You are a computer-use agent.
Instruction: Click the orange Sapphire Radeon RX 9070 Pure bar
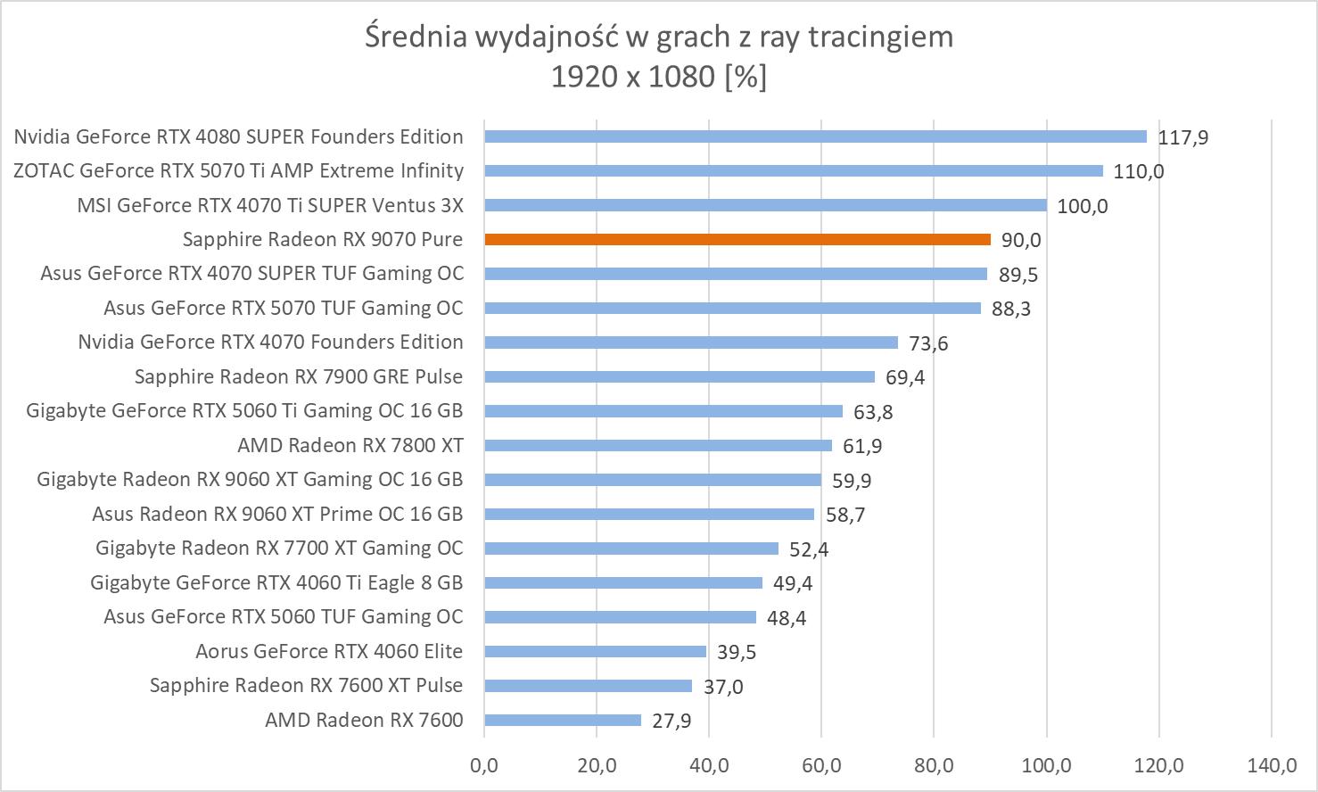[x=737, y=239]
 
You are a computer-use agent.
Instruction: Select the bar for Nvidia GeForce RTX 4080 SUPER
[x=815, y=136]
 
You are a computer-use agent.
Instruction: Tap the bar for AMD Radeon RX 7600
[x=562, y=720]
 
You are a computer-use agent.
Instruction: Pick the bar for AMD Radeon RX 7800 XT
[x=657, y=445]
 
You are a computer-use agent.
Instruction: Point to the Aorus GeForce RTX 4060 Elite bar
[x=595, y=651]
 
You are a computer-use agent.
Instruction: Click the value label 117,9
[x=1183, y=137]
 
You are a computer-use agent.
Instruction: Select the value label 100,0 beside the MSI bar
[x=1082, y=206]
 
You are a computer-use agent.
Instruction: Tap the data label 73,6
[x=928, y=343]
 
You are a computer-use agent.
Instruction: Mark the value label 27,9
[x=671, y=721]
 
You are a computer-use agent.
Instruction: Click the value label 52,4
[x=809, y=549]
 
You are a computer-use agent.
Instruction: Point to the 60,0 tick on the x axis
[x=821, y=765]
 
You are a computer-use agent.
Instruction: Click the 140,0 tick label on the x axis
[x=1272, y=765]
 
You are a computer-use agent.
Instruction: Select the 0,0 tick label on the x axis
[x=484, y=765]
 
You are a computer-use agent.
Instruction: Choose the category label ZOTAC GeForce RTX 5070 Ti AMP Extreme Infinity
[x=238, y=170]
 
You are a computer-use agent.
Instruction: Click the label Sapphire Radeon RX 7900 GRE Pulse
[x=299, y=376]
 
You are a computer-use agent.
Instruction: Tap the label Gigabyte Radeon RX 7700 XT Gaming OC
[x=279, y=548]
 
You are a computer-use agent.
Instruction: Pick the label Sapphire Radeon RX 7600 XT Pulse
[x=306, y=685]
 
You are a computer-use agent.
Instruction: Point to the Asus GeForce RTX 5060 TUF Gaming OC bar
[x=620, y=617]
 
